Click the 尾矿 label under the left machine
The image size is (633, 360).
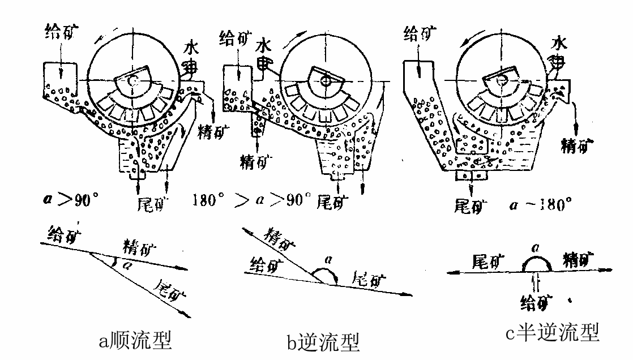152,203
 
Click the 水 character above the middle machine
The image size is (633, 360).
263,44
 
